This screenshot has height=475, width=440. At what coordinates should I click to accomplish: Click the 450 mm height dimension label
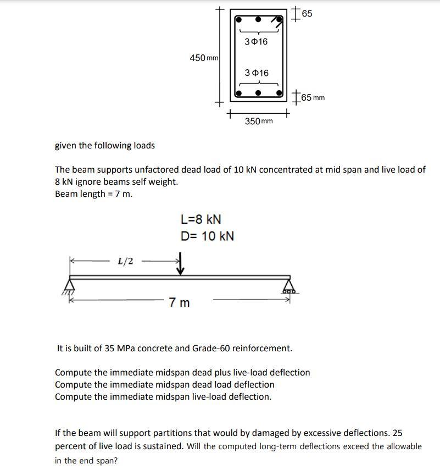coord(204,58)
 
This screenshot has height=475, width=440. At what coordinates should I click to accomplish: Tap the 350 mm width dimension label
coord(258,121)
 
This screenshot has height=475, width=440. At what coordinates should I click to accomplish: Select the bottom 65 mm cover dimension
coord(312,98)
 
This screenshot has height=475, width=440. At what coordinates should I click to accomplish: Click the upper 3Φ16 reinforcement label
coord(256,42)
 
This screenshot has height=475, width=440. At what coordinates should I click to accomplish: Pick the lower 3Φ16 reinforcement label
coord(257,73)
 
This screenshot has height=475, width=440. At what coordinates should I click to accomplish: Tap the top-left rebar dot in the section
coord(239,19)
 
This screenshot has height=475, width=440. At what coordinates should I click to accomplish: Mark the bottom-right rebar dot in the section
coord(279,92)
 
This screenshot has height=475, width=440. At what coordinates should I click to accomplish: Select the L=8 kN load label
coord(200,219)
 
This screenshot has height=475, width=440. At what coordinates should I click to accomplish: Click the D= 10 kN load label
coord(207,236)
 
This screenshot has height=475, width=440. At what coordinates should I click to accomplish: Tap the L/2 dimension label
coord(125,261)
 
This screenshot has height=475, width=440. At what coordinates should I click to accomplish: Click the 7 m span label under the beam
coord(180,302)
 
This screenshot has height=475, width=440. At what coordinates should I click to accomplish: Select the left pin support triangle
coord(70,285)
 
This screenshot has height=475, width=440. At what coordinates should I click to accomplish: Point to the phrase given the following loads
coord(105,146)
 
